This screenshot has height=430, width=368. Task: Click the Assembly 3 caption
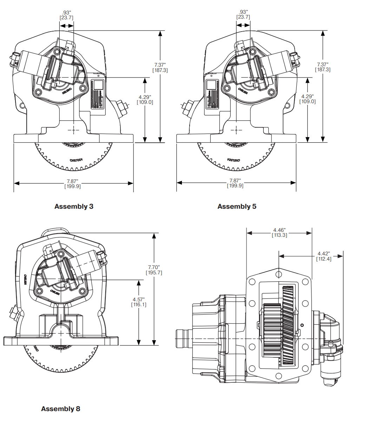(x=74, y=207)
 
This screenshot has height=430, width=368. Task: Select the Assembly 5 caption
(x=237, y=207)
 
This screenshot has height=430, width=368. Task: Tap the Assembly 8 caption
(x=60, y=409)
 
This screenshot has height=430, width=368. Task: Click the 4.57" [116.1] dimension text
(x=139, y=302)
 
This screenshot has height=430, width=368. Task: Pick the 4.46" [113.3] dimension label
(x=279, y=233)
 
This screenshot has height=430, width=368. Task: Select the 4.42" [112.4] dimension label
(x=324, y=256)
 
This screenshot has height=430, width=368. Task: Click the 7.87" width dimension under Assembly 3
(x=72, y=184)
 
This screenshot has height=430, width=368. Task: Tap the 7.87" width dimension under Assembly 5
(x=235, y=183)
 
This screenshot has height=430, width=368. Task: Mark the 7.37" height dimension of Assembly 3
(x=160, y=67)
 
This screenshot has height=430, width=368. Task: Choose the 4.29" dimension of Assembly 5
(x=307, y=99)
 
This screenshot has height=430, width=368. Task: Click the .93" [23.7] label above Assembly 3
(x=66, y=15)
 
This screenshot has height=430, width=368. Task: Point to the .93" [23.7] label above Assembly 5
(x=243, y=14)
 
